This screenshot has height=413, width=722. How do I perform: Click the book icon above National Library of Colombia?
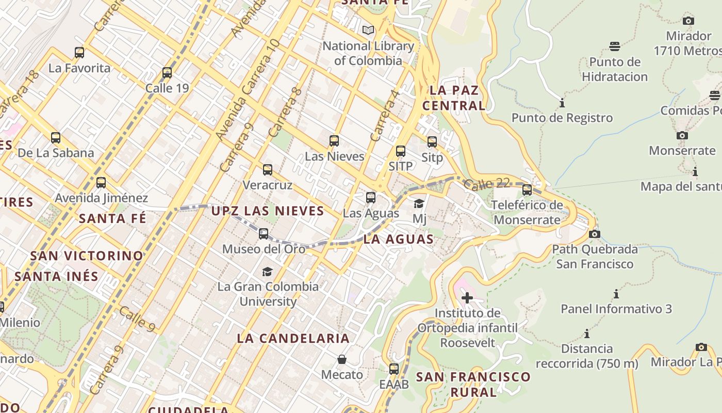(x=368, y=30)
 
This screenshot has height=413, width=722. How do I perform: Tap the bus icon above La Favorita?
(x=79, y=53)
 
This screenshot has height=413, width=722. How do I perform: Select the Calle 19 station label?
(x=167, y=88)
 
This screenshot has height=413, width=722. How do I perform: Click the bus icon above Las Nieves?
(x=334, y=141)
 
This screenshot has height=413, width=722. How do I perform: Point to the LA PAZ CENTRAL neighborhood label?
(x=454, y=98)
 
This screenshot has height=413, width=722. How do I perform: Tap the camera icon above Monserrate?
(x=682, y=136)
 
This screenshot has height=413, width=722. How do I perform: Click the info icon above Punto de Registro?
(x=562, y=103)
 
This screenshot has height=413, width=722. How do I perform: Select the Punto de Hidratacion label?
(x=615, y=69)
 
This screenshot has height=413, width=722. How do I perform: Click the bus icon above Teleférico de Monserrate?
(x=527, y=190)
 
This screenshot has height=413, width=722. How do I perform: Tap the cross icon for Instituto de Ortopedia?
(x=467, y=298)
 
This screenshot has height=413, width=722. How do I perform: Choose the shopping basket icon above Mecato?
(x=342, y=359)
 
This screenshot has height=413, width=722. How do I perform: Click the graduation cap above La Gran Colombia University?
(x=267, y=272)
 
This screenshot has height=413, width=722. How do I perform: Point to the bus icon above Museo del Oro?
(x=264, y=234)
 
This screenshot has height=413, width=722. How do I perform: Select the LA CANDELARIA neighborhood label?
(x=293, y=339)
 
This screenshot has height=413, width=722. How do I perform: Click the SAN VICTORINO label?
(x=87, y=256)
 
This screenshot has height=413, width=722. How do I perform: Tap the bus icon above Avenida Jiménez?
(x=101, y=183)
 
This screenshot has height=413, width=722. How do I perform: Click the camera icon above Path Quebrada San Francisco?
(x=594, y=234)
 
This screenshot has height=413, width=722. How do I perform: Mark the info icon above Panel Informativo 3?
(x=616, y=294)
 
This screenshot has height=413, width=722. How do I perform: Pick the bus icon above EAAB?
(x=394, y=369)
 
